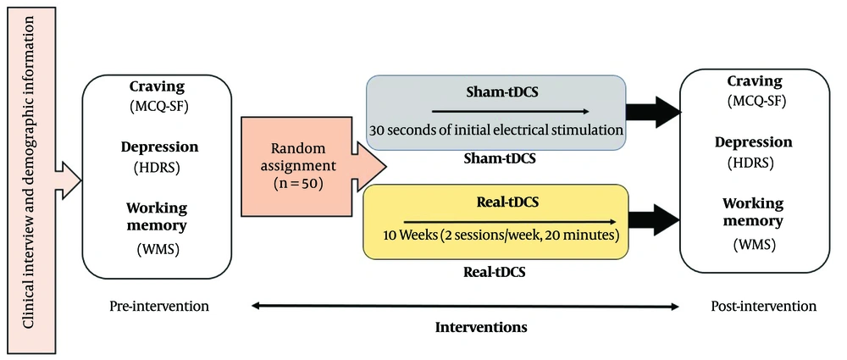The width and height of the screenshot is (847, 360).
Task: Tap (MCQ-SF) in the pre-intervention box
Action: pyautogui.click(x=158, y=106)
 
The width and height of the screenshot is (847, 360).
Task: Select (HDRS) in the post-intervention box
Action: pyautogui.click(x=754, y=162)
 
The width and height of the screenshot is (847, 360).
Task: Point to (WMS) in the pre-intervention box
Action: pyautogui.click(x=157, y=250)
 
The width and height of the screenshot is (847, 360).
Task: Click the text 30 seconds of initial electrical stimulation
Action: pyautogui.click(x=496, y=130)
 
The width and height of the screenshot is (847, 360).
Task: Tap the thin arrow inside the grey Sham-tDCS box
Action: pyautogui.click(x=511, y=112)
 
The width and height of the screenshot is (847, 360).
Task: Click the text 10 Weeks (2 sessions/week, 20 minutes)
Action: pyautogui.click(x=501, y=236)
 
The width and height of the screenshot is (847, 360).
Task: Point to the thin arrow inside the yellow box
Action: pyautogui.click(x=510, y=221)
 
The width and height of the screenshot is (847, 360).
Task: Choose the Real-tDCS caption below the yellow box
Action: pyautogui.click(x=495, y=271)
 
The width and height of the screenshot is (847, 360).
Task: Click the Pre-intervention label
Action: pyautogui.click(x=159, y=307)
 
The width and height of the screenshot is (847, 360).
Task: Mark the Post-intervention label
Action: pyautogui.click(x=763, y=307)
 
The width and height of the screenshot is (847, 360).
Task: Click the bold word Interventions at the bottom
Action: pyautogui.click(x=481, y=328)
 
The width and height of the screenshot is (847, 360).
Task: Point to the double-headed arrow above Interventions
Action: pyautogui.click(x=465, y=307)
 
